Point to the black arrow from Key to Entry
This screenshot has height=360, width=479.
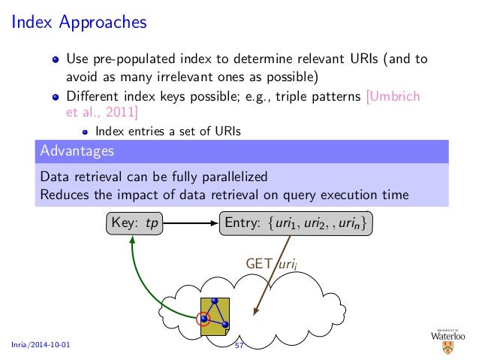191,223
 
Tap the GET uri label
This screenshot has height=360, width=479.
270,263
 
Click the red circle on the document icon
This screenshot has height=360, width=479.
203,319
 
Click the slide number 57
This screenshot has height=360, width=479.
239,345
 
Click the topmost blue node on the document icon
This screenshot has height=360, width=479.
215,303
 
